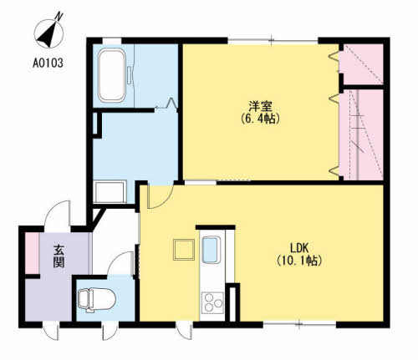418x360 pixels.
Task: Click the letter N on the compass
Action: click(x=59, y=17)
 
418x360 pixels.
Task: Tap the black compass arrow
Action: click(x=48, y=35)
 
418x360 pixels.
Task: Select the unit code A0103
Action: click(x=48, y=63)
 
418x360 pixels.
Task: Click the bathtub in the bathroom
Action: click(x=112, y=75)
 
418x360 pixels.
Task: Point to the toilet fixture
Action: click(x=96, y=300)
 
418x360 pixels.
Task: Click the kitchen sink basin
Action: click(x=212, y=250)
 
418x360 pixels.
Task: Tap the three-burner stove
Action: click(x=213, y=302)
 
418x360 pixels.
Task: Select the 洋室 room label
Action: click(x=260, y=106)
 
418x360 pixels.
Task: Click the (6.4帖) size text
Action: click(x=260, y=119)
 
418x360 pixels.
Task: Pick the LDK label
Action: click(x=298, y=247)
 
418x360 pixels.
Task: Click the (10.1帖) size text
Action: click(x=299, y=261)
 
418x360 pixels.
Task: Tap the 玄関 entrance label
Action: click(x=59, y=256)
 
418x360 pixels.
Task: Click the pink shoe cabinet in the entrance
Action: click(x=32, y=253)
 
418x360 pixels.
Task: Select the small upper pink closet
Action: click(x=363, y=64)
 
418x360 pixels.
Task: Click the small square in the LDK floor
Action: click(x=184, y=250)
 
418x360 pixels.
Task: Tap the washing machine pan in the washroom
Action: click(x=110, y=191)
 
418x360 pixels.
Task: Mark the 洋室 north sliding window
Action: click(x=273, y=41)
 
